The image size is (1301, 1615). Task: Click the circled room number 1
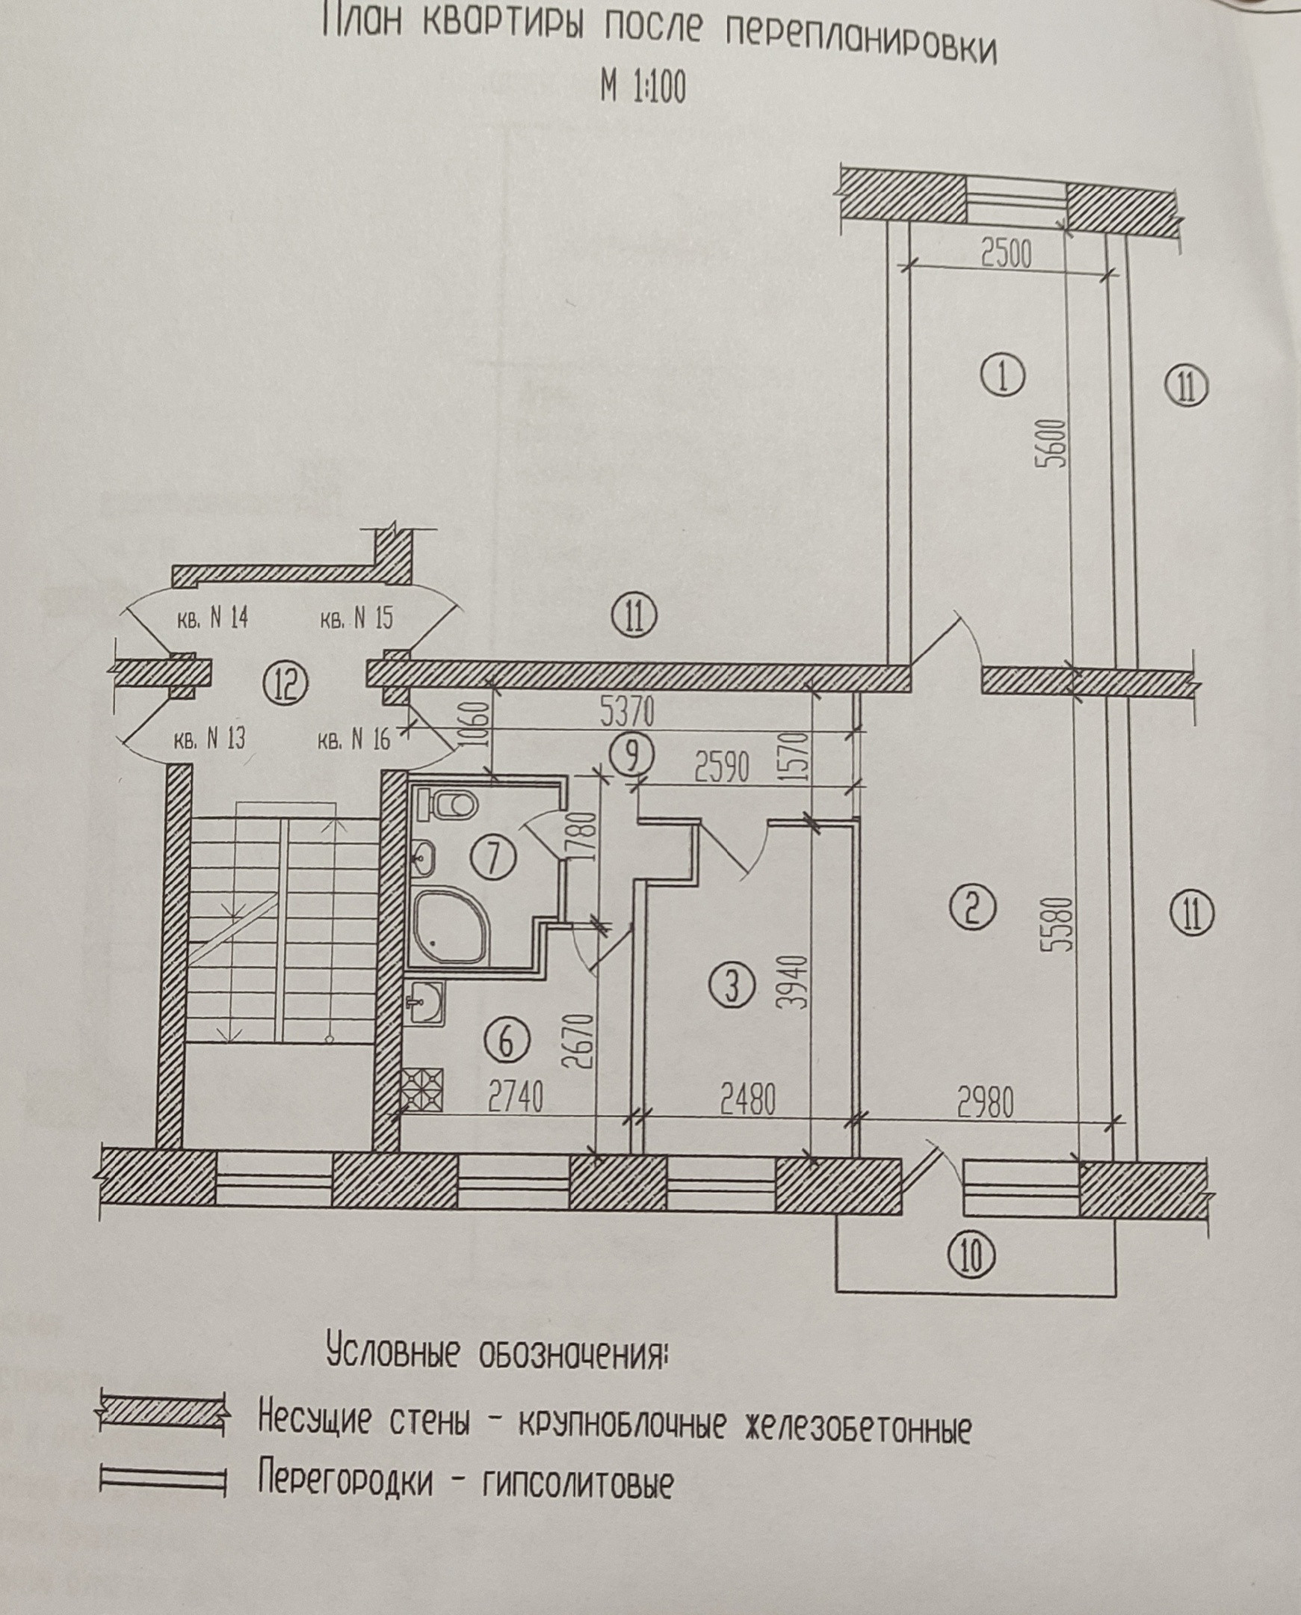pyautogui.click(x=1007, y=377)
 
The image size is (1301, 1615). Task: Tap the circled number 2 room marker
pyautogui.click(x=972, y=908)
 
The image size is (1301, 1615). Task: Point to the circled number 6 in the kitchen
pyautogui.click(x=507, y=1041)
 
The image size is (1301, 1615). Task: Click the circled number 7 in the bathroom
pyautogui.click(x=493, y=858)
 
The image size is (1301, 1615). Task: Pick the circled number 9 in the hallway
pyautogui.click(x=632, y=756)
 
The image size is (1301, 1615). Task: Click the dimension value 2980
pyautogui.click(x=986, y=1104)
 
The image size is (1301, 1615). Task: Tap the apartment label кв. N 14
pyautogui.click(x=212, y=619)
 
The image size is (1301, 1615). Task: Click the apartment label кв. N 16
pyautogui.click(x=354, y=740)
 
